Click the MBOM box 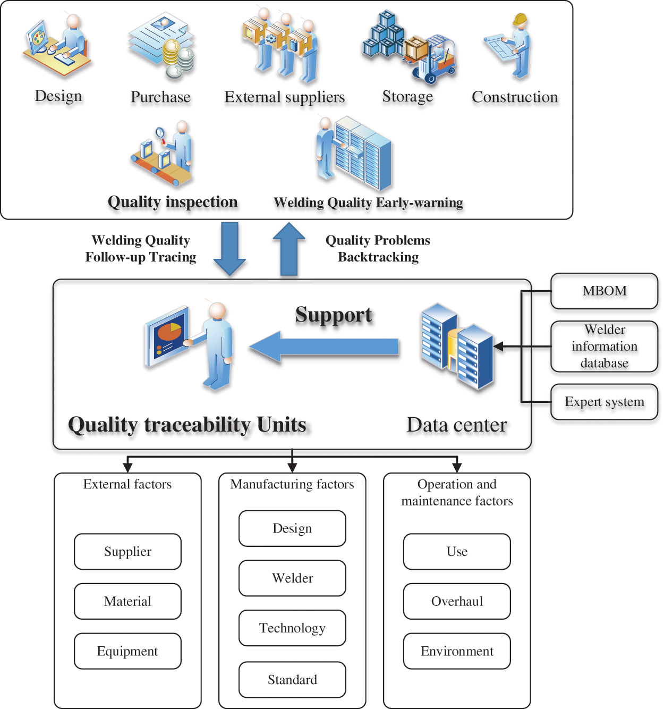point(604,291)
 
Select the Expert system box point(604,402)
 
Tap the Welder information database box point(604,346)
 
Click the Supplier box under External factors point(127,552)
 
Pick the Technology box point(292,628)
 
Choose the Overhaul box point(457,602)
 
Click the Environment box point(457,651)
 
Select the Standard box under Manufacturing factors point(292,680)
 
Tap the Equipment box point(127,651)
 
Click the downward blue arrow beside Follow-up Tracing point(229,248)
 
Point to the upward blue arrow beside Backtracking point(288,248)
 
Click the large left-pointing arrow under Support point(324,347)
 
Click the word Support point(334,315)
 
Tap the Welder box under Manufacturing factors point(292,578)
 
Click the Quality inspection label point(173,202)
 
